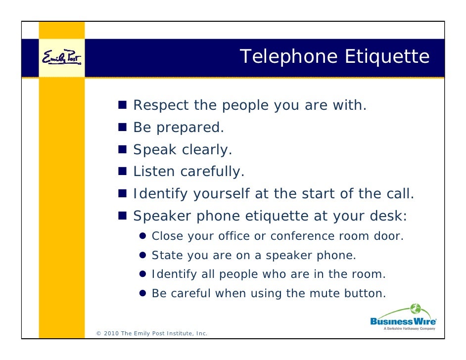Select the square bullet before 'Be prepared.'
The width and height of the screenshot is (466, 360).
[123, 128]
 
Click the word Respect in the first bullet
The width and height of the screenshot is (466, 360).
[161, 105]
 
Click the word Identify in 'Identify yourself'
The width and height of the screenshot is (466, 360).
[160, 194]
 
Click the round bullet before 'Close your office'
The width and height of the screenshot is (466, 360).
[143, 236]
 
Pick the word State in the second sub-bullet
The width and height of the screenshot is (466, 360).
[164, 255]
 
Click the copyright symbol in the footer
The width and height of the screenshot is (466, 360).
[98, 333]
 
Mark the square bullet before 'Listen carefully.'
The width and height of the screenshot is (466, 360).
[123, 172]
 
